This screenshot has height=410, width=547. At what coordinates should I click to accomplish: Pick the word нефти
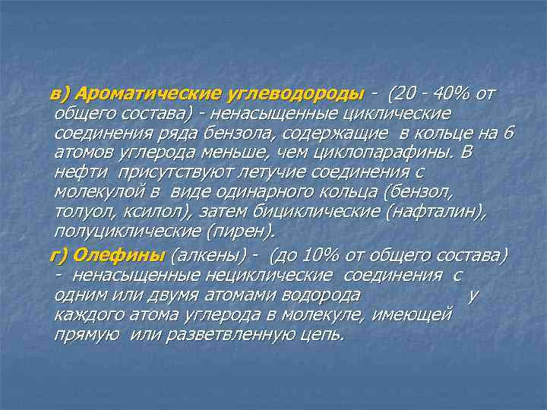(x=74, y=173)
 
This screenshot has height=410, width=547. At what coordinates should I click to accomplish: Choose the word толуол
(x=81, y=213)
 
